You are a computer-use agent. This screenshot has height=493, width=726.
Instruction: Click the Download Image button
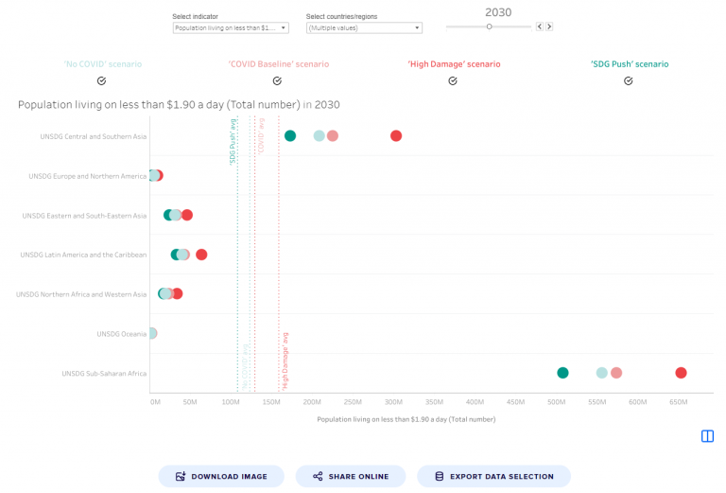[x=221, y=476]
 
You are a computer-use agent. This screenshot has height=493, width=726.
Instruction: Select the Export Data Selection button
[x=493, y=476]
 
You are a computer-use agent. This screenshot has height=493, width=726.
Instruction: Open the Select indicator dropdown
[x=231, y=28]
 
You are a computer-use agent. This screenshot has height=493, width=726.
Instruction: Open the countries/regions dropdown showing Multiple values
[x=364, y=28]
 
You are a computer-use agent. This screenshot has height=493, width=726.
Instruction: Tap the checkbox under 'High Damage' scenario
[x=453, y=81]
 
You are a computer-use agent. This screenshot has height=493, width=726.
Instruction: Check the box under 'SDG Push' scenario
[x=629, y=81]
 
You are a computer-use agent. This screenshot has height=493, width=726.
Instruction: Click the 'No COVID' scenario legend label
[x=102, y=64]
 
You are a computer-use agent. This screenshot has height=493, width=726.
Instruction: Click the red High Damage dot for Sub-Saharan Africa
[x=681, y=373]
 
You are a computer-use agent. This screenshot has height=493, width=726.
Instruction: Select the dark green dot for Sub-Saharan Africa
[x=562, y=373]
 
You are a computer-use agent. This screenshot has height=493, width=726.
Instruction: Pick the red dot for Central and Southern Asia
[x=396, y=136]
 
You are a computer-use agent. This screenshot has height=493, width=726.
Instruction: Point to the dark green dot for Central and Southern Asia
[x=290, y=136]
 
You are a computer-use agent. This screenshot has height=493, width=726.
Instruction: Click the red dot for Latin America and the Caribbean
[x=201, y=255]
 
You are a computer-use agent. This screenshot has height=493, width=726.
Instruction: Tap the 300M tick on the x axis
[x=394, y=402]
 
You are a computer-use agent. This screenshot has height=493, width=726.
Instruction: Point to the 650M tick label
[x=679, y=402]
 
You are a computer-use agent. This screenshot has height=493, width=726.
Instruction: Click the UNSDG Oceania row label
[x=121, y=334]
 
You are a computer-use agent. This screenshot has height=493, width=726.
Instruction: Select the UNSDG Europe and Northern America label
[x=87, y=176]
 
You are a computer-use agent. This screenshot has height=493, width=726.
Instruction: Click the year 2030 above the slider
[x=498, y=12]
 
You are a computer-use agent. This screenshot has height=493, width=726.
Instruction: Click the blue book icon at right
[x=707, y=436]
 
